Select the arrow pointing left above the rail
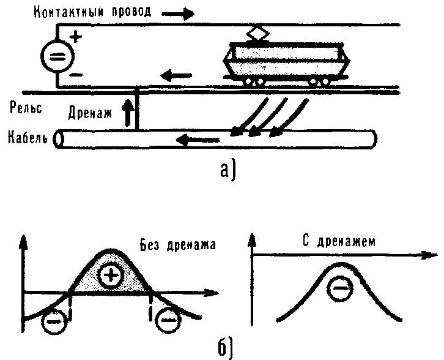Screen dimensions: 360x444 pos(175,77)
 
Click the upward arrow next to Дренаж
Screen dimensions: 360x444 pos(127,114)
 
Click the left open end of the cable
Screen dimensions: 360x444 pos(59,139)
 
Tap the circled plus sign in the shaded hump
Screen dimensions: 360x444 pos(111,276)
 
